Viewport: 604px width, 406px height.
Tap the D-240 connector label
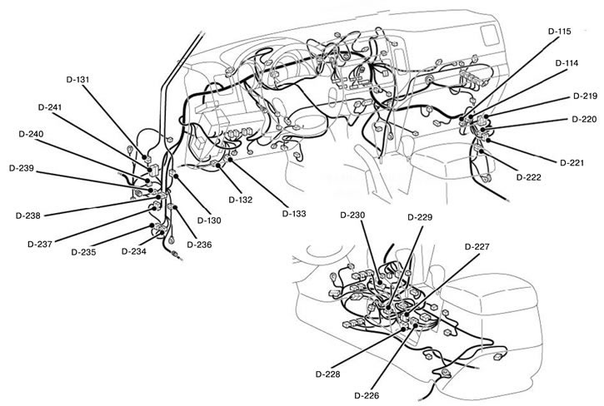pos(31,134)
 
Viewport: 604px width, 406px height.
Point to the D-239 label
pos(21,168)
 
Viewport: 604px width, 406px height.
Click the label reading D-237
pos(40,244)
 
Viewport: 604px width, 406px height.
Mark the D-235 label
pos(83,251)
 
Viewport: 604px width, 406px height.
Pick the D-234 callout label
pos(135,250)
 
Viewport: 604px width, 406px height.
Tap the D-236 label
pos(199,244)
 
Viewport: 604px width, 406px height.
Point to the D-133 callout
pos(293,214)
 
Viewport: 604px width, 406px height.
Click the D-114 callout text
pos(568,62)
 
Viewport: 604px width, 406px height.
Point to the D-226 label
pos(367,394)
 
